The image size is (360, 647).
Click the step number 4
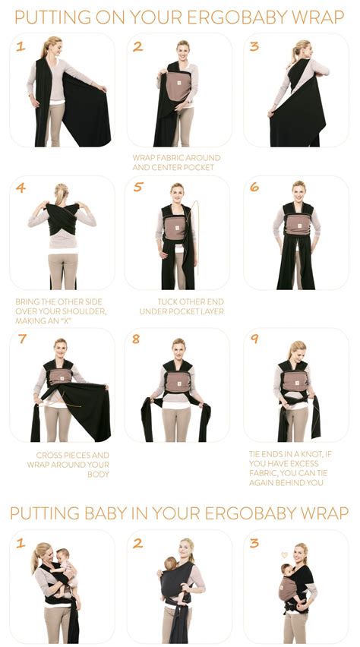pos(21,188)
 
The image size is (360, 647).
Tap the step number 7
pos(21,339)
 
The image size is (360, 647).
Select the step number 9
pos(254,339)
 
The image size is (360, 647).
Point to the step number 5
pos(137,188)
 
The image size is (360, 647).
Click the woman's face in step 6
pos(298,188)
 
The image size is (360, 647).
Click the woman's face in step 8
pos(178,346)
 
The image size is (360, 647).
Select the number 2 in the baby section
pos(137,542)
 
